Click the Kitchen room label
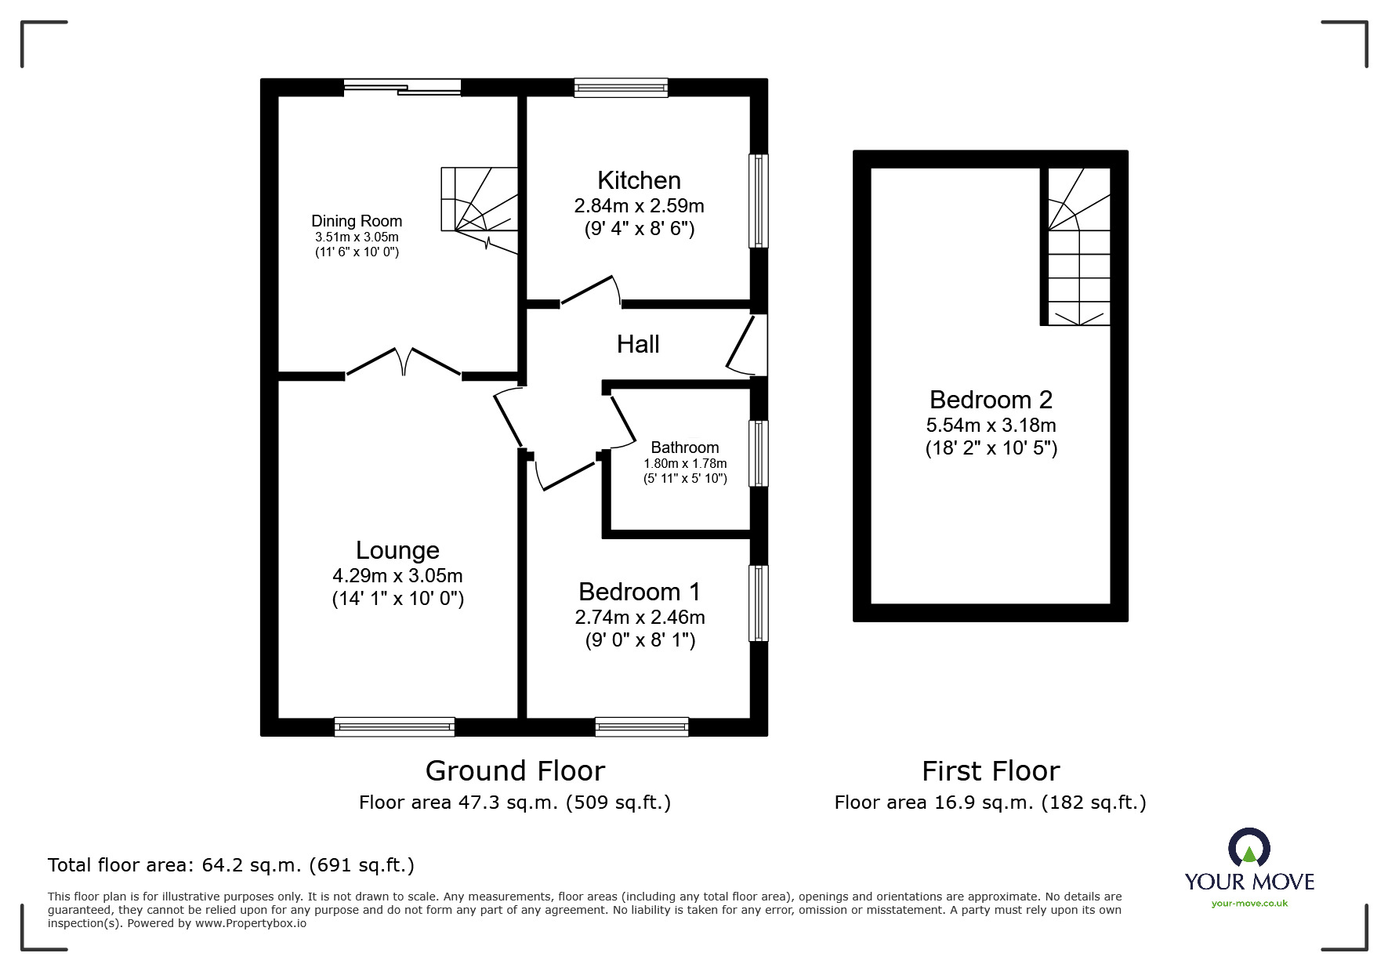tap(639, 180)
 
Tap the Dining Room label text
tap(357, 221)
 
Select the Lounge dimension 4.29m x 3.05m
tap(397, 575)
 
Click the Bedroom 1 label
tap(639, 591)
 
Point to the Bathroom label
tap(684, 447)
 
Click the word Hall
tap(637, 344)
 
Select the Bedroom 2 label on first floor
tap(990, 400)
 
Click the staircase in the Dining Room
tap(479, 200)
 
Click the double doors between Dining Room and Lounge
tap(403, 362)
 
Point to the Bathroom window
tap(758, 454)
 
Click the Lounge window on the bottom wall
tap(394, 726)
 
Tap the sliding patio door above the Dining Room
tap(402, 87)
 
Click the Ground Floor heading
tap(515, 771)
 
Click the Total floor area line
tap(231, 865)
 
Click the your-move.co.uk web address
tap(1249, 904)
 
